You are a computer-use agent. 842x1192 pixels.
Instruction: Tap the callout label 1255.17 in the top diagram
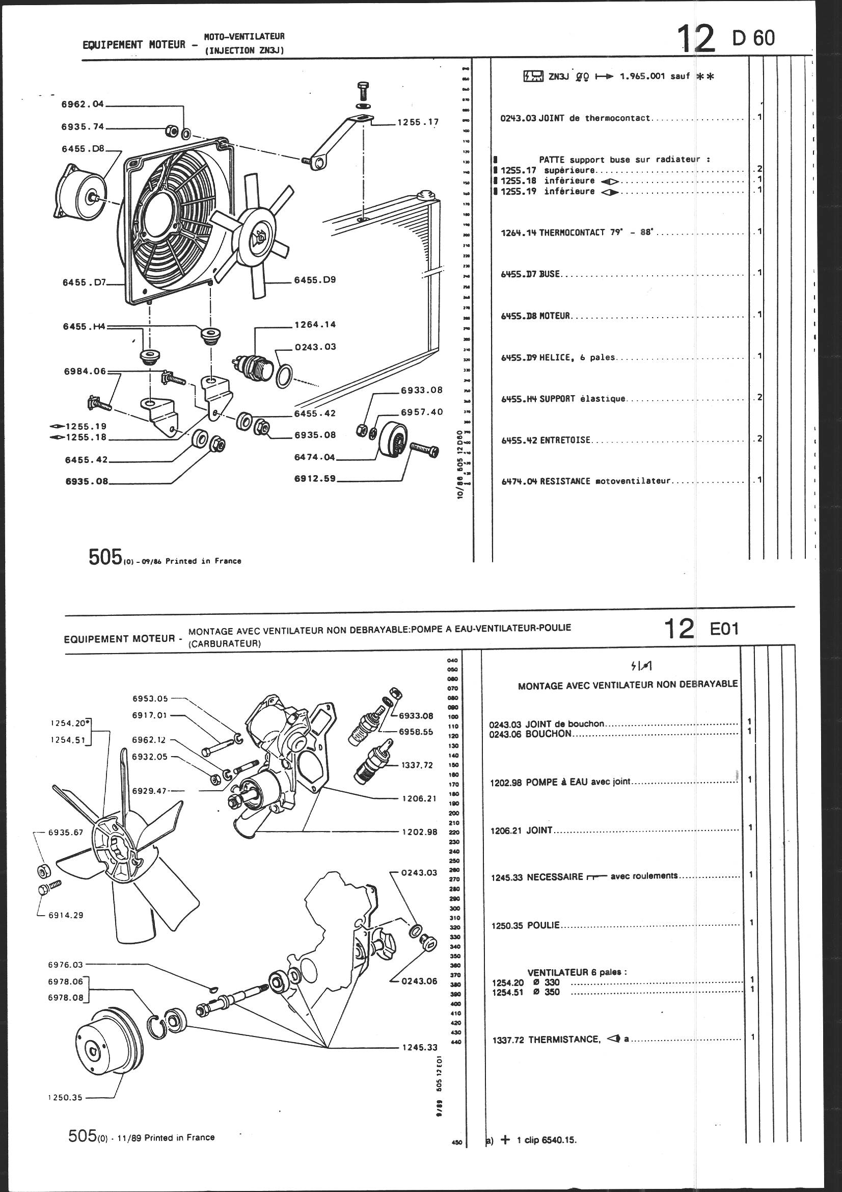click(418, 122)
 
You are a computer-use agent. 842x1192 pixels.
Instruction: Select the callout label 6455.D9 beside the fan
click(315, 280)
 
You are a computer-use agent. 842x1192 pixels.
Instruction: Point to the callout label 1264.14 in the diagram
click(315, 324)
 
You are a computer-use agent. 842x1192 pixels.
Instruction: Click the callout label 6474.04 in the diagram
click(315, 457)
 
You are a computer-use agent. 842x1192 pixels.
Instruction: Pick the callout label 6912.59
click(315, 479)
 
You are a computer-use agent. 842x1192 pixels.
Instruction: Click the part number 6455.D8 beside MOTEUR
click(518, 316)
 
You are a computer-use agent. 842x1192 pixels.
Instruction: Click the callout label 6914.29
click(65, 915)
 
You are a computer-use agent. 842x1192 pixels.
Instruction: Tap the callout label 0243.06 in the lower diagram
click(419, 981)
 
